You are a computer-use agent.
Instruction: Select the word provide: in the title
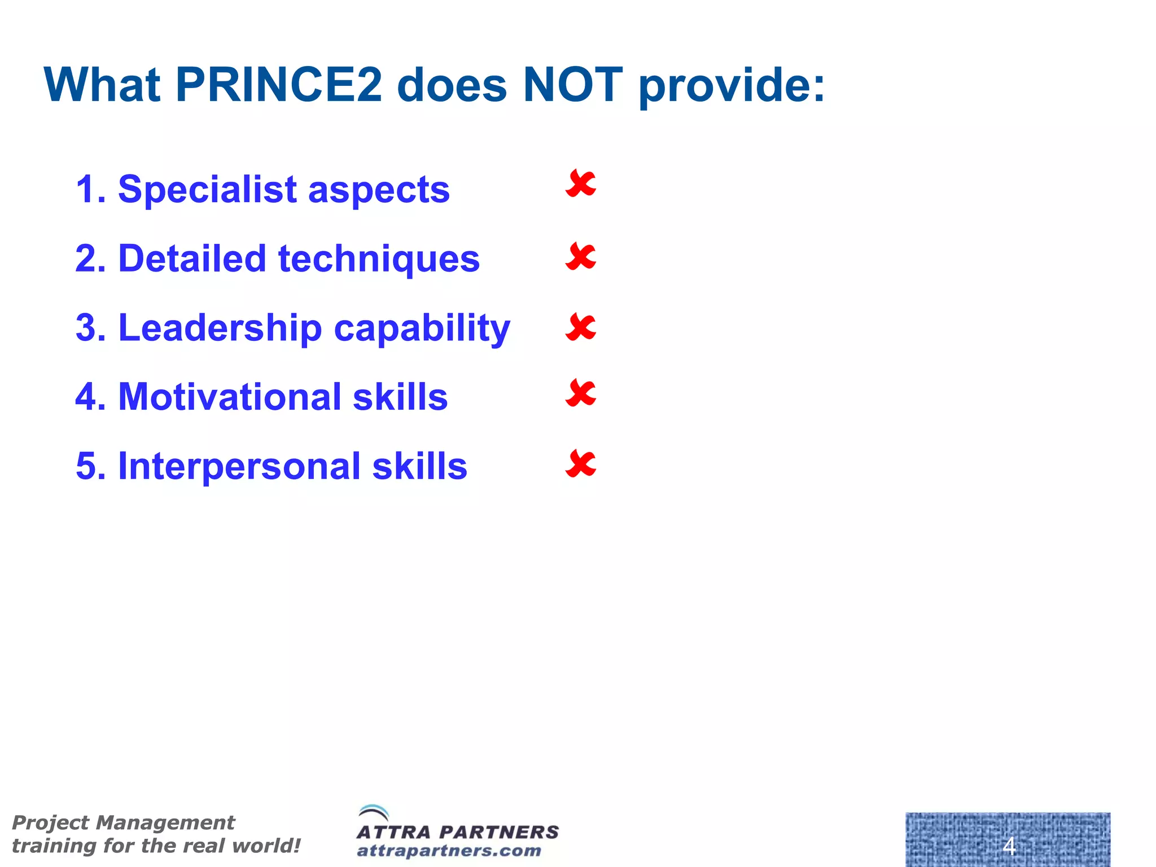tap(732, 86)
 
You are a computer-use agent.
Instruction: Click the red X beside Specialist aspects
tap(580, 184)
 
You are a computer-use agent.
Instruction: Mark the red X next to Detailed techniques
tap(580, 257)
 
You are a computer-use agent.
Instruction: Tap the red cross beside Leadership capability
tap(580, 327)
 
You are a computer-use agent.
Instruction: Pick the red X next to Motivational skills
tap(580, 393)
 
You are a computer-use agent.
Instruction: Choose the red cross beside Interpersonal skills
tap(580, 464)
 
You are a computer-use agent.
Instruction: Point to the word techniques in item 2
tap(379, 259)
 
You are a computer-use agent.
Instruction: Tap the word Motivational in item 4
tap(228, 397)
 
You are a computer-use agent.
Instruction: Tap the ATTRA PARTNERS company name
tap(457, 832)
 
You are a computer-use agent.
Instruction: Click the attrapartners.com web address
tap(449, 851)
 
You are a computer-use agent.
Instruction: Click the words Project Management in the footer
tap(123, 822)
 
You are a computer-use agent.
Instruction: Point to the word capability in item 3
tap(422, 329)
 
